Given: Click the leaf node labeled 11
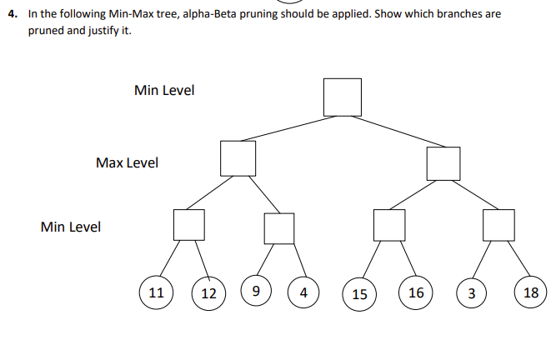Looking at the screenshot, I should [x=156, y=292].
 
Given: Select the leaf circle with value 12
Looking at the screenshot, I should [x=209, y=293].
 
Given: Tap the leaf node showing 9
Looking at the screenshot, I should [x=256, y=292].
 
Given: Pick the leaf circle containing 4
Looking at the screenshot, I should [x=303, y=292].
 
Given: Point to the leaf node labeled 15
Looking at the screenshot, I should [x=360, y=294].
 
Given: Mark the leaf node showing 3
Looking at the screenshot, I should [x=472, y=293].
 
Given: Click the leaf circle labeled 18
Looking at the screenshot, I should [x=531, y=292].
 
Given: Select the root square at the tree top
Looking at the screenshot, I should [x=343, y=97].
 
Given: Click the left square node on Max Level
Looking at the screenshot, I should [x=238, y=157].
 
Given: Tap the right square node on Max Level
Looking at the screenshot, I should [x=443, y=162].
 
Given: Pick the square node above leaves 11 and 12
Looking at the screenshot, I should [x=189, y=224].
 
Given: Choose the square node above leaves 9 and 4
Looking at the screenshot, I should [x=279, y=228].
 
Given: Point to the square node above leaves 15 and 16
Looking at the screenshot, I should [x=389, y=225].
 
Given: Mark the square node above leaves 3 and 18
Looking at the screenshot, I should [x=498, y=225].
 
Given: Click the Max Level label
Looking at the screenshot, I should [x=127, y=162].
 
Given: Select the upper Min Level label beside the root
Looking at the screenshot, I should [x=164, y=90].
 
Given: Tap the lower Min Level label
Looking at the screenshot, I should [x=71, y=227].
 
